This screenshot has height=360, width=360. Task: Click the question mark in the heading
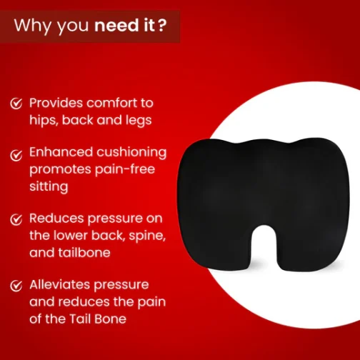tap(161, 25)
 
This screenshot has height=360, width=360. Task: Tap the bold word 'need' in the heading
tap(116, 25)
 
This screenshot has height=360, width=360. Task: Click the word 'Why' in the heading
tap(32, 26)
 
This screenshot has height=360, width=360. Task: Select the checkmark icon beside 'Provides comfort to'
tap(16, 104)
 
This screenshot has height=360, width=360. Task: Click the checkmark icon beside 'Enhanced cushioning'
tap(16, 155)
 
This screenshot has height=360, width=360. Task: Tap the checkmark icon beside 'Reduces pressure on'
tap(16, 219)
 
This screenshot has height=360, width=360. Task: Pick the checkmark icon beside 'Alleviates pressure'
tap(16, 286)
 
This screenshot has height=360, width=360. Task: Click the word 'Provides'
tap(56, 103)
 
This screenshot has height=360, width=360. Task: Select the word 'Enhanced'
tap(61, 152)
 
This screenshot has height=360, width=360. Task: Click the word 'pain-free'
tap(125, 169)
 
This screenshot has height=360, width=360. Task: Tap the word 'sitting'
tap(49, 186)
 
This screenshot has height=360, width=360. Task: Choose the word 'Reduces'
tap(56, 218)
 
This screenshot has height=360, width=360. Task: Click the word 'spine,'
tap(147, 236)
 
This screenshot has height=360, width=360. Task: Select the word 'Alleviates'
tap(60, 284)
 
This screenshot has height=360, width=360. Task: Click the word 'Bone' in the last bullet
tap(110, 319)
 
